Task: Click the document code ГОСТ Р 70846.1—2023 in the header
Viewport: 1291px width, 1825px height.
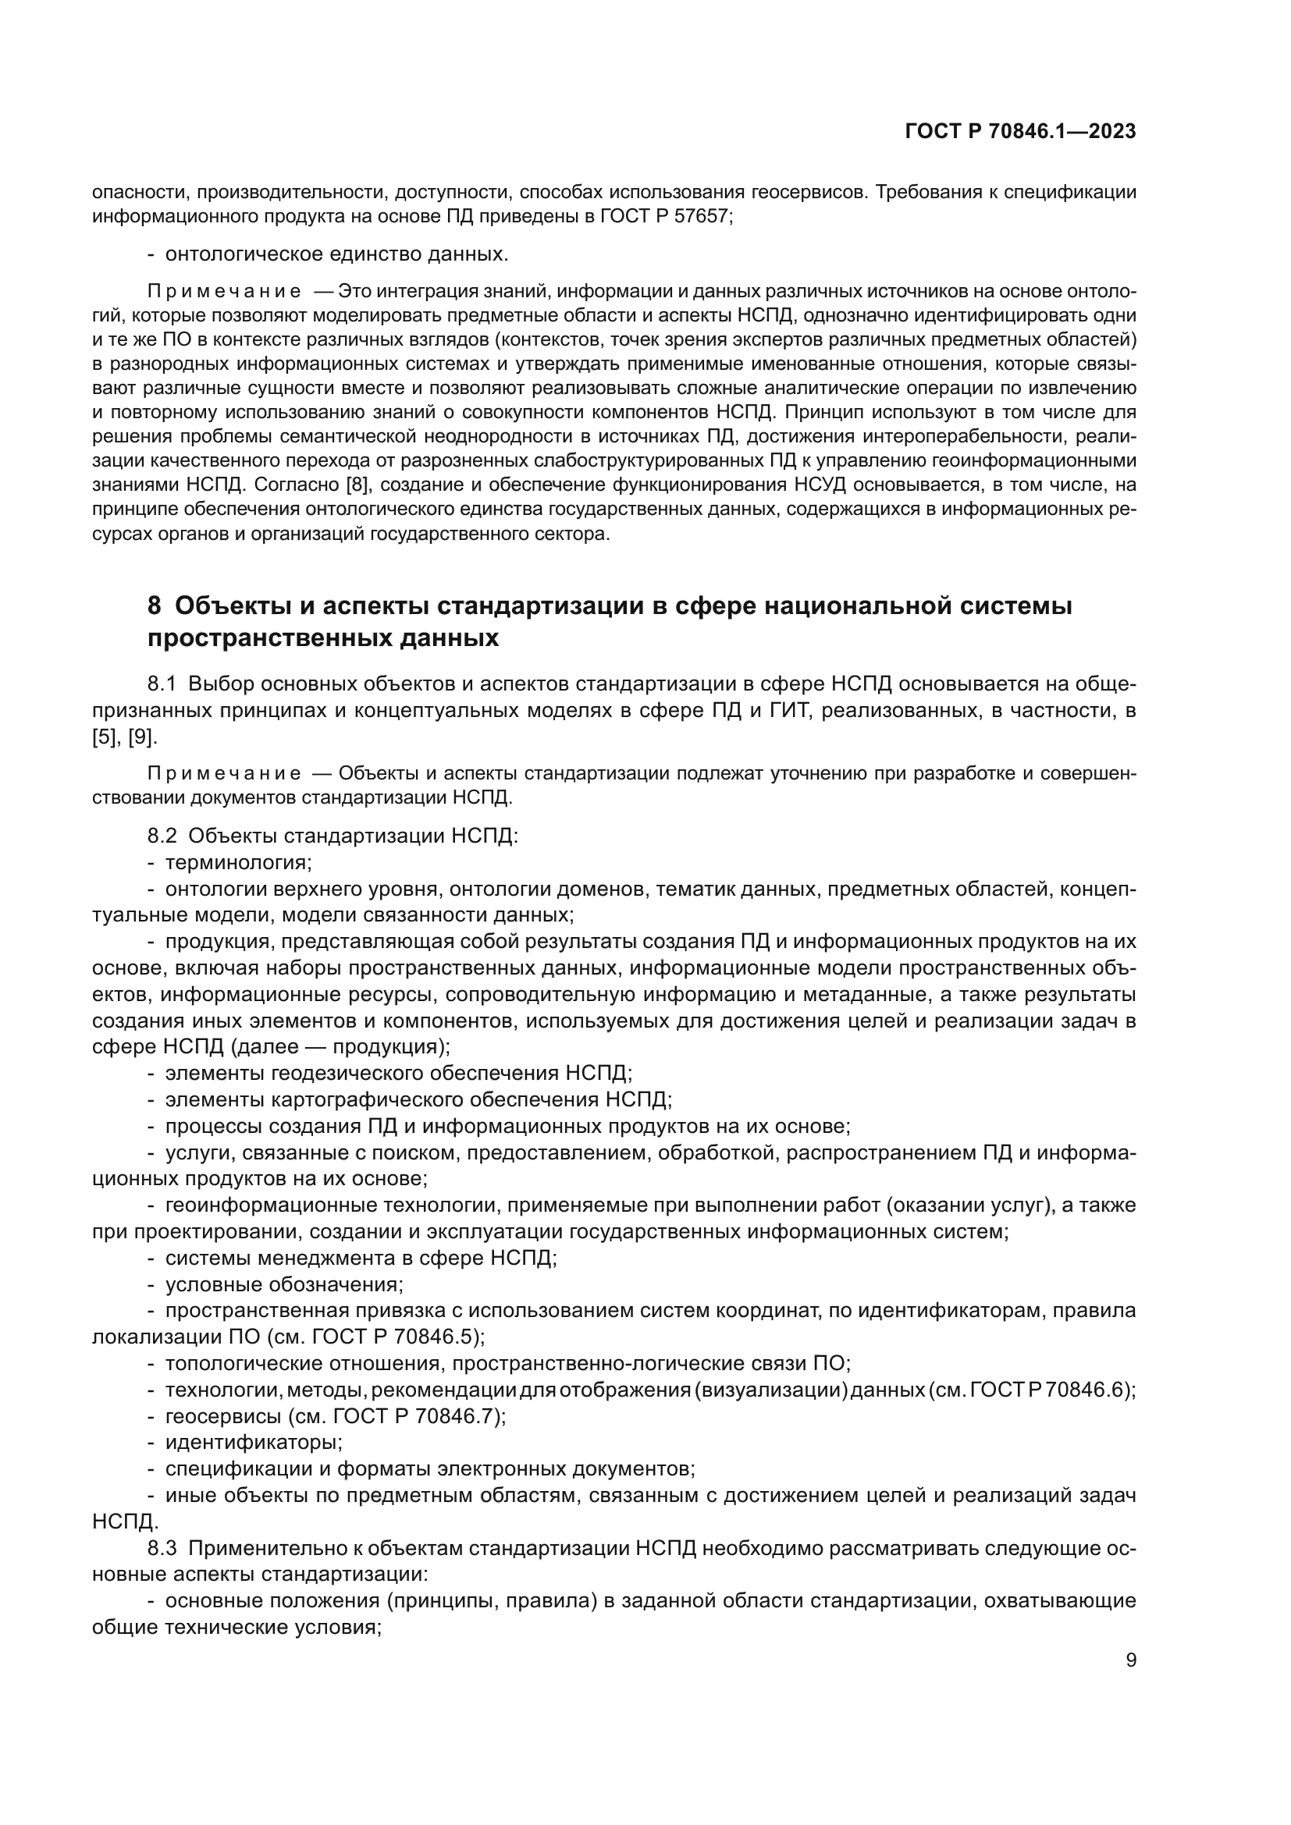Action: coord(1020,132)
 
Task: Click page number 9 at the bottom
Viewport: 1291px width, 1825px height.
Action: coord(1131,1660)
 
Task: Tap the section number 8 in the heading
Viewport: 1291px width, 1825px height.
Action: coord(155,605)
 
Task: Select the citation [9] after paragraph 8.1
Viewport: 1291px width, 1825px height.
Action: coord(143,737)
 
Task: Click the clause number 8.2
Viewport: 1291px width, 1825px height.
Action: coord(162,836)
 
